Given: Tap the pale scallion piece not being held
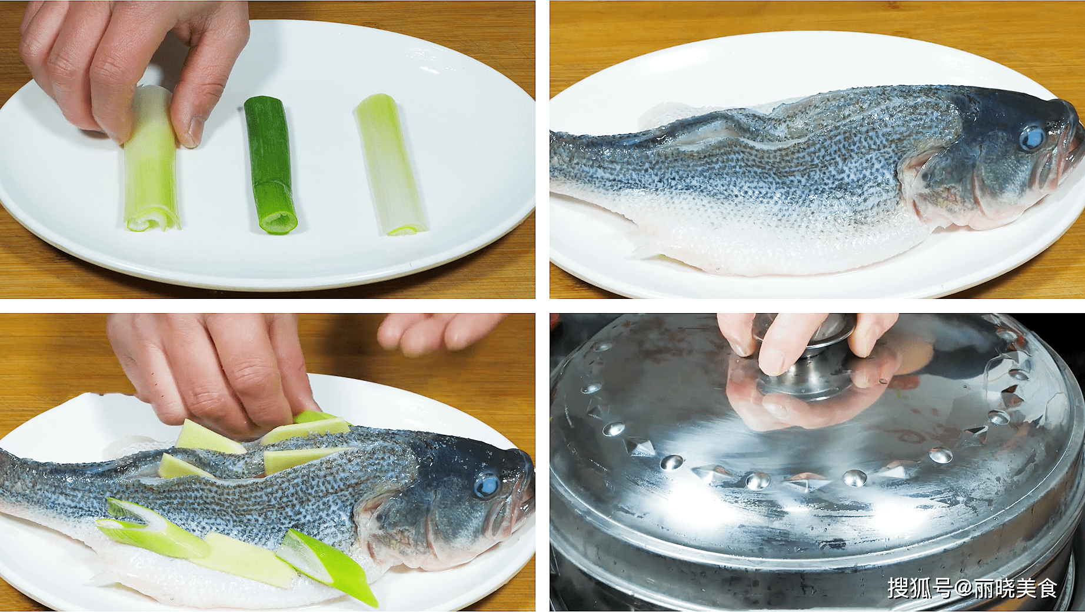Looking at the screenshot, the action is tap(391, 165).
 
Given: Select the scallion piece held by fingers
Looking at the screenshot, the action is tap(151, 159).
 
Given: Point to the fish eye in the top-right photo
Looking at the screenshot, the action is tap(1031, 138).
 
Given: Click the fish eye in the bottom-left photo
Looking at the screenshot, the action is tap(487, 485).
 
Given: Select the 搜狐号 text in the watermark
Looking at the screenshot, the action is tap(919, 588).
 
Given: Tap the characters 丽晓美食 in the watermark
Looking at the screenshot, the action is tap(1016, 588).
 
